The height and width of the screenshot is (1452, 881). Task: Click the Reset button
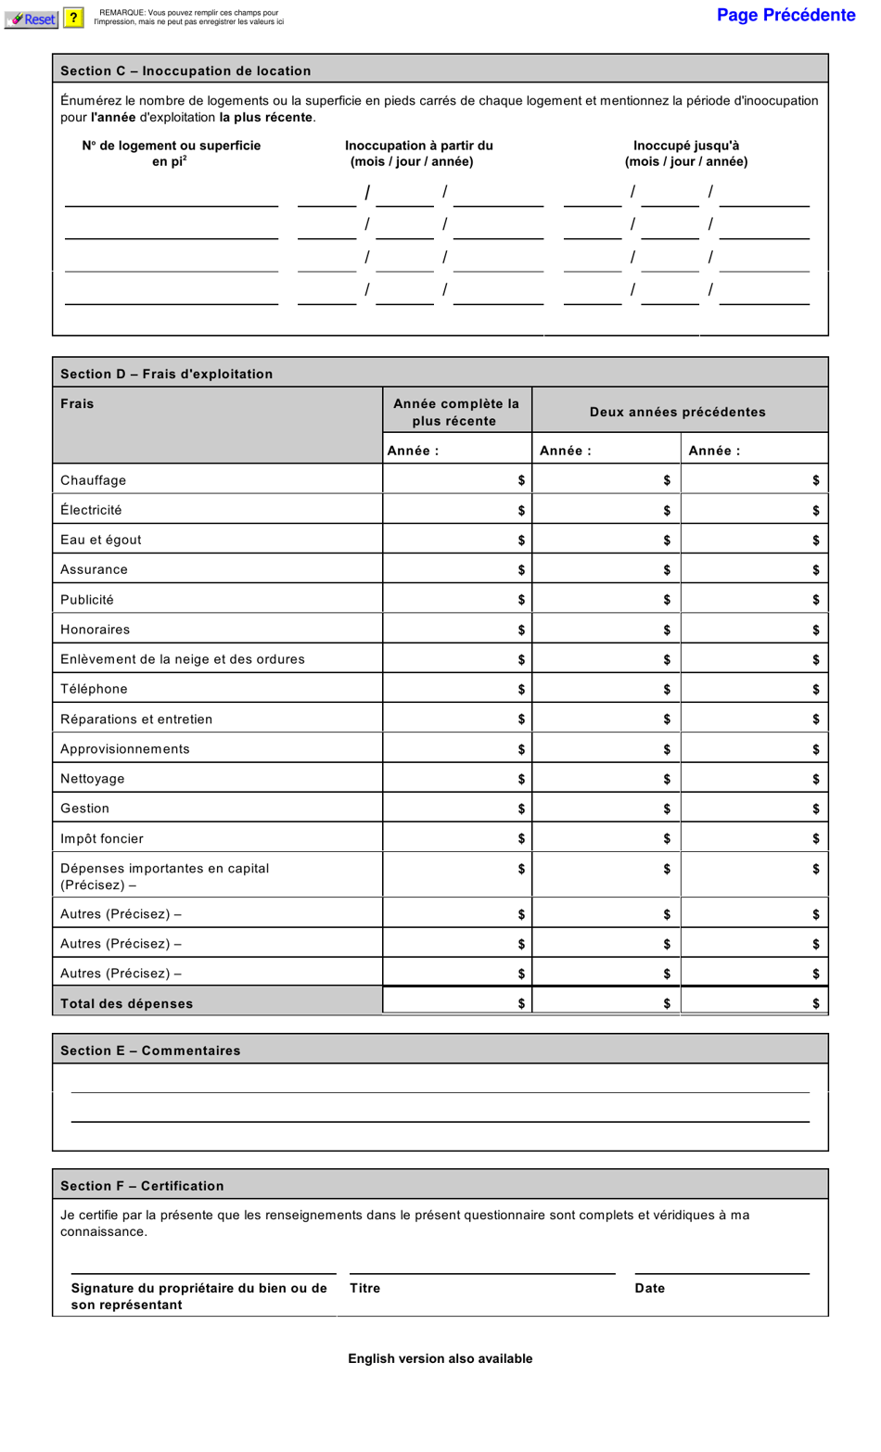pos(32,19)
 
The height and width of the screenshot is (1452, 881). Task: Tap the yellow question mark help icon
pos(73,18)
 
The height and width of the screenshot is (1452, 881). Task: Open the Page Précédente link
pos(785,15)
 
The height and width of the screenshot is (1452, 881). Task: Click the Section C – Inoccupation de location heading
pos(185,70)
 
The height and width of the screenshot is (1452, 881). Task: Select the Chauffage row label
pos(93,480)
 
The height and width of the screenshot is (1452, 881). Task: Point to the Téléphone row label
pos(94,689)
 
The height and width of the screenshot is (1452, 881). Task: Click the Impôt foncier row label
pos(102,838)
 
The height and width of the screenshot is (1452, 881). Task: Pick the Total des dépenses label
pos(127,1003)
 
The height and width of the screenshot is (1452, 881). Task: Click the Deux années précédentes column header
pos(677,412)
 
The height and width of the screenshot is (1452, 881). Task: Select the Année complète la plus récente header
pos(456,412)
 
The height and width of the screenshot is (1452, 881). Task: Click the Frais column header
pos(77,403)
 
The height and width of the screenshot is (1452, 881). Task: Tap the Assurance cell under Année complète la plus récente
pos(456,569)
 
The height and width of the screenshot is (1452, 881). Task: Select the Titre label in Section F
pos(364,1288)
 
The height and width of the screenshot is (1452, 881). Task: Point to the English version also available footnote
pos(440,1358)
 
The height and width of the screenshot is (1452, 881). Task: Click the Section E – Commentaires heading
pos(150,1051)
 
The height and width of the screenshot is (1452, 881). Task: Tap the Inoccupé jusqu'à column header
pos(685,153)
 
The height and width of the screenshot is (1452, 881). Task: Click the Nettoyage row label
pos(92,779)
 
